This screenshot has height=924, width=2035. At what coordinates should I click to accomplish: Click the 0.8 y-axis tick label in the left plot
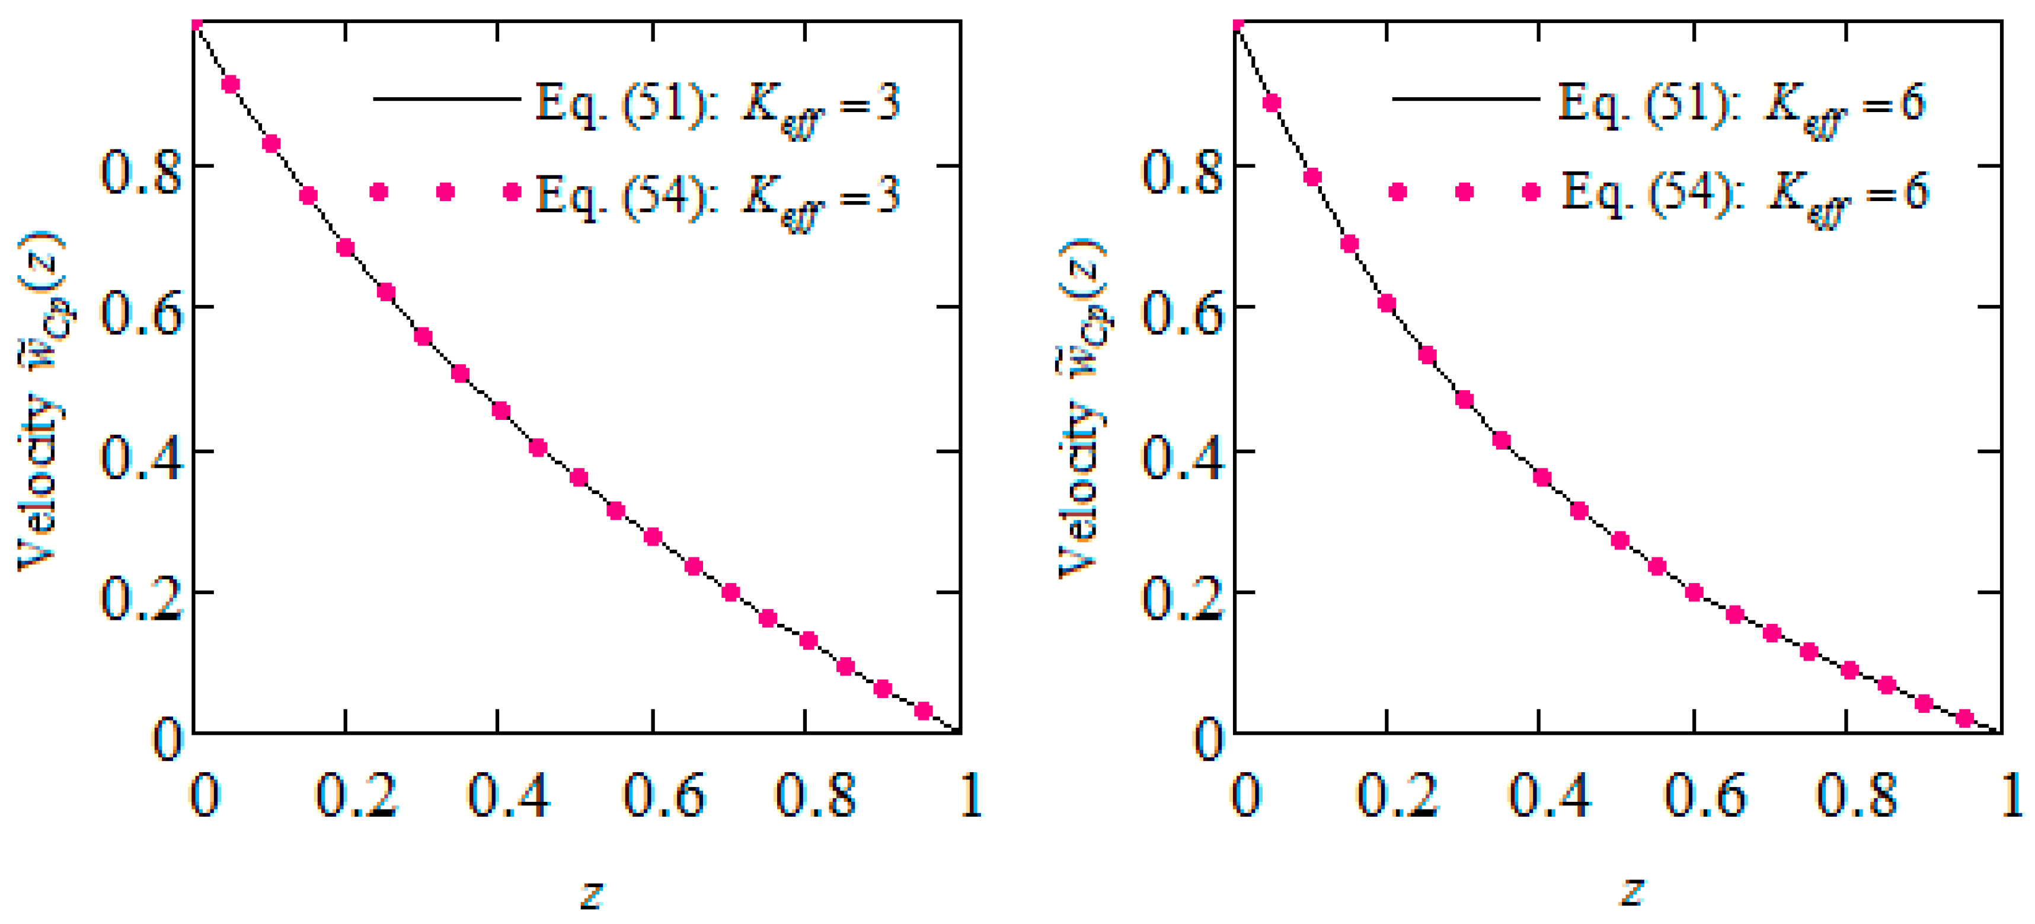(140, 173)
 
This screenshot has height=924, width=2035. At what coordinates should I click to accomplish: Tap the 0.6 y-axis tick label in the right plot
(1182, 313)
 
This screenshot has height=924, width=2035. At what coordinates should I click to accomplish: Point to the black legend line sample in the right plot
(1465, 100)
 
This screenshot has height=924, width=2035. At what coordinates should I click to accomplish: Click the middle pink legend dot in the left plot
(446, 192)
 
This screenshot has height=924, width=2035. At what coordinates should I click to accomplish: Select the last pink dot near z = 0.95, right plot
(1964, 718)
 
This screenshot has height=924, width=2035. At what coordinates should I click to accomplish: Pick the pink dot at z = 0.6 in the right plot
(1694, 592)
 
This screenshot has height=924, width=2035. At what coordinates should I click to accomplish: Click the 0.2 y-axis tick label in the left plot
(140, 599)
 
